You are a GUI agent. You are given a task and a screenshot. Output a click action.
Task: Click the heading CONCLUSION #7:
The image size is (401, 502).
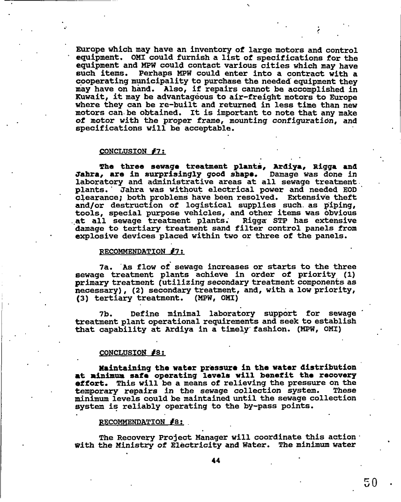[126, 151]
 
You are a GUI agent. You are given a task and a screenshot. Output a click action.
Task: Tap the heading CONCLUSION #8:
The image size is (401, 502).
[126, 353]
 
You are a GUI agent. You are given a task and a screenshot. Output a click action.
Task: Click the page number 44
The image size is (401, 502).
[215, 460]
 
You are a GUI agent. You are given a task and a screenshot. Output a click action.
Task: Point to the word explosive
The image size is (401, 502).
[95, 236]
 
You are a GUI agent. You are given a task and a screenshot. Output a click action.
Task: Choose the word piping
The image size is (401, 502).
[341, 205]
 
